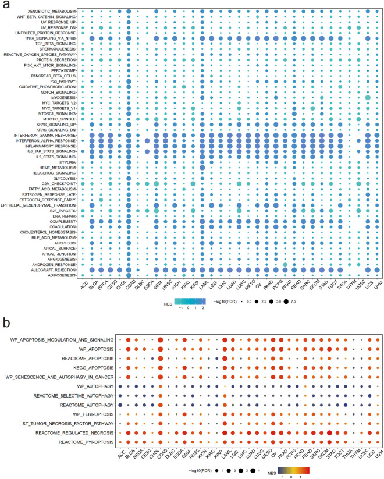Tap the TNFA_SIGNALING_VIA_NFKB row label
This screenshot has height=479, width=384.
48,38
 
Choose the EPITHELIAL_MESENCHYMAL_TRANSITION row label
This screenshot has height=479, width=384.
38,205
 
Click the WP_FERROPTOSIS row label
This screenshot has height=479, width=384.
86,414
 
